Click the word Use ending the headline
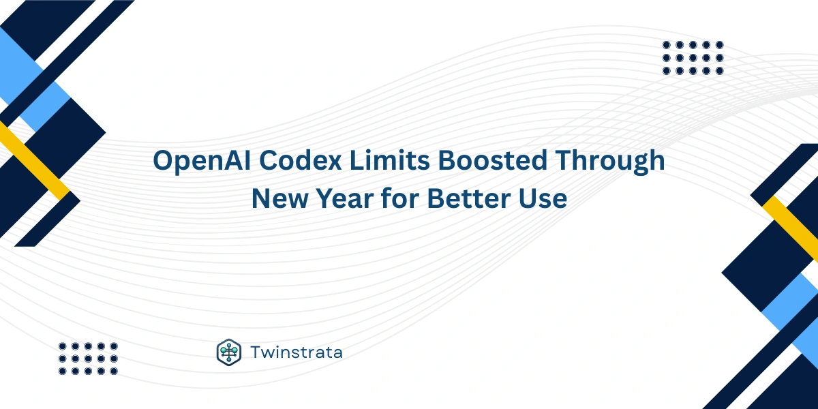[543, 198]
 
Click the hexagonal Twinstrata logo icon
[229, 352]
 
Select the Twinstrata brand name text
[296, 352]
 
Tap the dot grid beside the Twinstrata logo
[88, 358]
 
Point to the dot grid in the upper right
[693, 57]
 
